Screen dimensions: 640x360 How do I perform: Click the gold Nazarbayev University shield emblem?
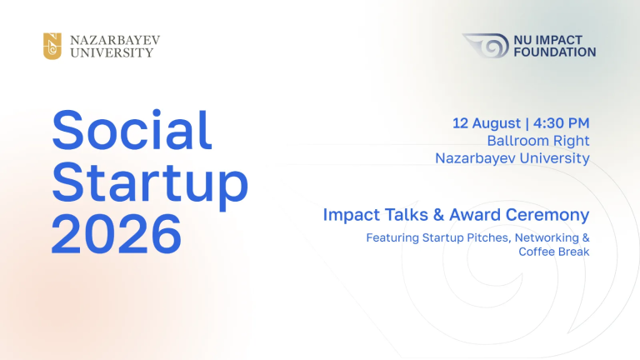pos(52,46)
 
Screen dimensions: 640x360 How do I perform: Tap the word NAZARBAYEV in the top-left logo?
pos(115,40)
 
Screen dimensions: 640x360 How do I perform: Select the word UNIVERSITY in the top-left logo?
pos(112,52)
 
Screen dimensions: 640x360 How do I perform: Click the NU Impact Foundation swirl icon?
pos(486,45)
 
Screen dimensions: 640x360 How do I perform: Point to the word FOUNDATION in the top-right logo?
pos(555,52)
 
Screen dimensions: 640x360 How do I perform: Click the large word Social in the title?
pos(132,130)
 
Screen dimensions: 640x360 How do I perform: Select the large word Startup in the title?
pos(150,183)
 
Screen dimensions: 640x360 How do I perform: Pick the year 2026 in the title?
pos(117,234)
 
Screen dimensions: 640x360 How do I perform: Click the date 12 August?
pos(487,122)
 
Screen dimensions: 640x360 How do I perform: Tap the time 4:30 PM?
pos(561,122)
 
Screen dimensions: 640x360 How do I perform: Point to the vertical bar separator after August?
pos(527,123)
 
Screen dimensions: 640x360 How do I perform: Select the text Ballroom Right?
pos(538,140)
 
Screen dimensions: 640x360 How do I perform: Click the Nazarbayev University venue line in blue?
pos(512,158)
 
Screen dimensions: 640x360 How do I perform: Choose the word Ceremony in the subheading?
pos(547,215)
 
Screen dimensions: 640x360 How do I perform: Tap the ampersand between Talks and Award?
pos(438,215)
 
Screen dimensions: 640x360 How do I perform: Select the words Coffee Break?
pos(554,252)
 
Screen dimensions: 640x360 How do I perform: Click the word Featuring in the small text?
pos(392,238)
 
